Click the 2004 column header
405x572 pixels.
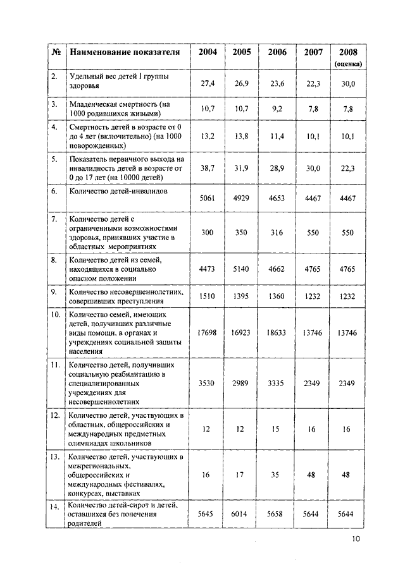point(208,52)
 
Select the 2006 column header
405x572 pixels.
point(277,52)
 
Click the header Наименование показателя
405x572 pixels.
point(125,52)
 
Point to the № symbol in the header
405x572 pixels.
point(56,52)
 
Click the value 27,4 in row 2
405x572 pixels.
point(208,83)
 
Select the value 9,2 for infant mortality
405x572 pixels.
point(277,109)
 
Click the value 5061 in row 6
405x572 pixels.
point(208,198)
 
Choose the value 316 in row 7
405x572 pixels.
point(277,233)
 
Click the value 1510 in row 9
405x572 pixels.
point(208,296)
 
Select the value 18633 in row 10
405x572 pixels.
point(277,332)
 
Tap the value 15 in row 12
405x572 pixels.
point(277,429)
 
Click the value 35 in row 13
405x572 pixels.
point(277,475)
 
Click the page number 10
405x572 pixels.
point(356,539)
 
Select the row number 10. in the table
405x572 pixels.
point(56,314)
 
